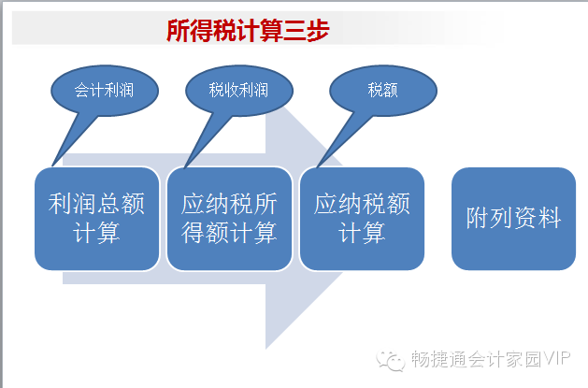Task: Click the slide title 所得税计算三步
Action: [x=248, y=31]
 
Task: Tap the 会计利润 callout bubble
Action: [x=104, y=90]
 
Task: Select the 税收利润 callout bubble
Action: [x=239, y=90]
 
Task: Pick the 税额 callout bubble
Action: [x=382, y=90]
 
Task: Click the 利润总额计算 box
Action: [x=96, y=219]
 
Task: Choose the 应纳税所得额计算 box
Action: [x=229, y=219]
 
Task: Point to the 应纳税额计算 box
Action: [x=362, y=219]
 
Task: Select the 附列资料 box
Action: [x=513, y=219]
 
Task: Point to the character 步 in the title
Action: [x=317, y=31]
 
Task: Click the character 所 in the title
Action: [x=179, y=31]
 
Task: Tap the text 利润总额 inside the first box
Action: [x=96, y=205]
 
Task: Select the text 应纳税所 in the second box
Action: [x=229, y=205]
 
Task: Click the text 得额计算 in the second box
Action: [x=229, y=232]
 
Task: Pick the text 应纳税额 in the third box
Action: [x=362, y=205]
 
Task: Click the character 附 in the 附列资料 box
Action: [x=478, y=219]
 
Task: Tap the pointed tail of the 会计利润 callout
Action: [x=52, y=165]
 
